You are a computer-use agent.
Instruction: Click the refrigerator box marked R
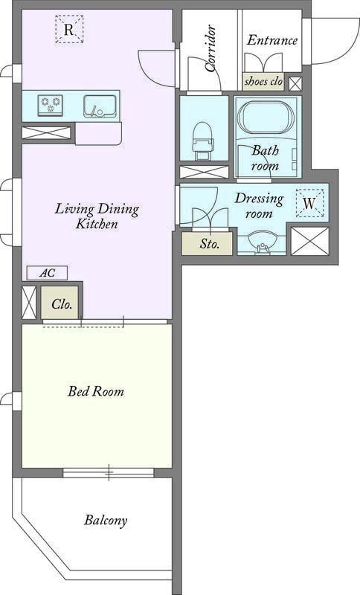(x=69, y=29)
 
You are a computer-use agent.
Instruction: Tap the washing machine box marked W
(x=309, y=203)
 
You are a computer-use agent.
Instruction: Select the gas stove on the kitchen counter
(x=51, y=105)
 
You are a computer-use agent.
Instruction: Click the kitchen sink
(x=100, y=106)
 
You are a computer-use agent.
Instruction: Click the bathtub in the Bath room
(x=268, y=117)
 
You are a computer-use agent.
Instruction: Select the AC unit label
(x=47, y=273)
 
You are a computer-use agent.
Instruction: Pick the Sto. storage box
(x=207, y=243)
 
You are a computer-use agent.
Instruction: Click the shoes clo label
(x=263, y=81)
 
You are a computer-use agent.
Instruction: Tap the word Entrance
(x=272, y=40)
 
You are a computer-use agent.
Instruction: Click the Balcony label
(x=106, y=520)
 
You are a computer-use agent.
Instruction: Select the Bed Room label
(x=96, y=391)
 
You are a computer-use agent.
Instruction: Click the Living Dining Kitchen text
(x=97, y=216)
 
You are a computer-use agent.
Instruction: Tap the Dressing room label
(x=259, y=205)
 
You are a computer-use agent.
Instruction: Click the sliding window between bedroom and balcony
(x=109, y=472)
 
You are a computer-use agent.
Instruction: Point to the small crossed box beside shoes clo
(x=295, y=84)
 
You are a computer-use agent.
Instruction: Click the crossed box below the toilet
(x=204, y=172)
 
